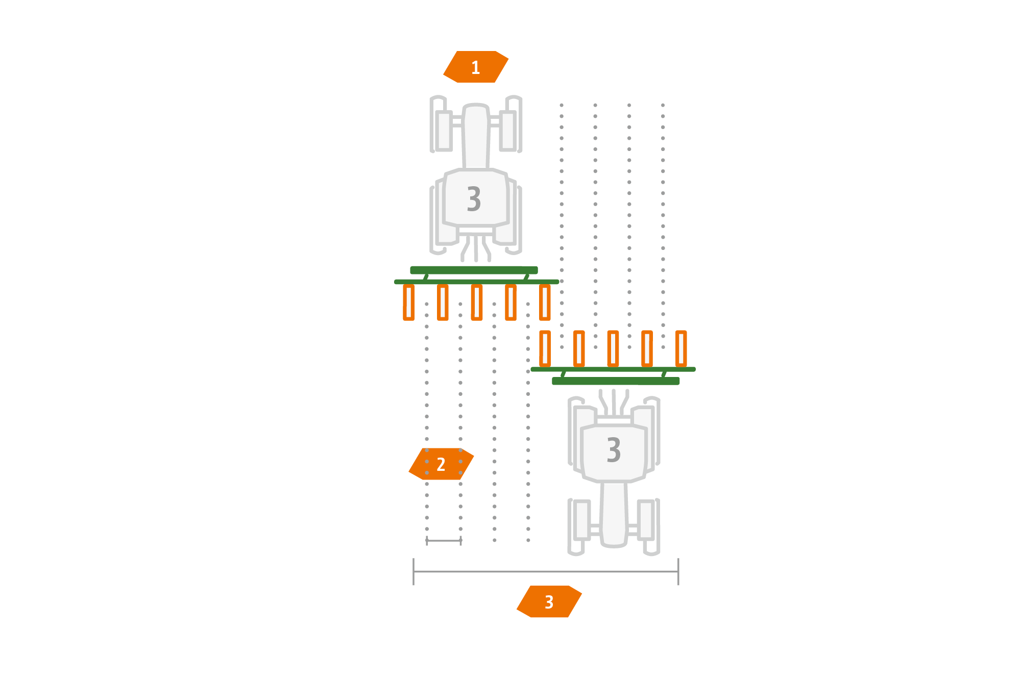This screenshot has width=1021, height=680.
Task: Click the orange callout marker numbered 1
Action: coord(476,67)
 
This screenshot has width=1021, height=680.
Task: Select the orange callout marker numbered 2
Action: coord(441,464)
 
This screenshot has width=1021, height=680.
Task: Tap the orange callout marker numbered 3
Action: coord(549,602)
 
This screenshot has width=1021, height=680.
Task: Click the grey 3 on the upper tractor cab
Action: coord(474,199)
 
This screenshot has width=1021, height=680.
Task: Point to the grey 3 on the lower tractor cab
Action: coord(614,449)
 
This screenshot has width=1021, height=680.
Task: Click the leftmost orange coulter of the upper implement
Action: coord(408,303)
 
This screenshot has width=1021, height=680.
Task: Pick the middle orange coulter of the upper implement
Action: coord(477,303)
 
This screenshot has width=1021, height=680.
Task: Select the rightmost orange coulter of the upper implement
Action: coord(545,303)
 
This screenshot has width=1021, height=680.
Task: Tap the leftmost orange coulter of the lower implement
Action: coord(545,348)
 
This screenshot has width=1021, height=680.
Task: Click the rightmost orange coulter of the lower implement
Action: coord(681,348)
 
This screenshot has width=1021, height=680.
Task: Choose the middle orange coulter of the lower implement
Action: coord(613,348)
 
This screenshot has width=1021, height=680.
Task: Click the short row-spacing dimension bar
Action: coord(444,540)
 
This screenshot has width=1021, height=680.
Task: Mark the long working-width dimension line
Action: coord(546,571)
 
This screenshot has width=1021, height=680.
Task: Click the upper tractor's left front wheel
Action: coord(444,131)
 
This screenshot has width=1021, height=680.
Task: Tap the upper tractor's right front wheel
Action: coord(508,131)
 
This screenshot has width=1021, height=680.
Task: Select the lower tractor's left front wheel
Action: coord(581,519)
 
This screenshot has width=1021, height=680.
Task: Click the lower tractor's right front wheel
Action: coord(646,519)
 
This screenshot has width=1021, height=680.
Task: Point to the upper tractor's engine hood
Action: coord(476,137)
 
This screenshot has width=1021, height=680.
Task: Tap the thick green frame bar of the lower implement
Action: coord(616,381)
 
